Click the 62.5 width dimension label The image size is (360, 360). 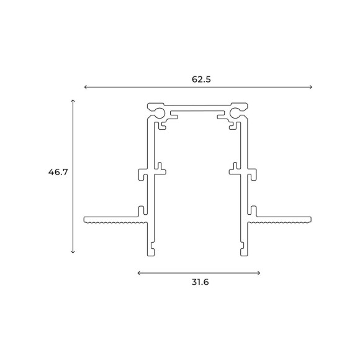point(199,79)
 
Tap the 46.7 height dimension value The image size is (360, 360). point(57,172)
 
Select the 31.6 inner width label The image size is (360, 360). point(199,282)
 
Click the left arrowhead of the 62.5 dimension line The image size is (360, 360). point(86,88)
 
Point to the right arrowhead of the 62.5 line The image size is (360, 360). point(312,88)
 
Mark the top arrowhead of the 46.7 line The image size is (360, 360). point(73,101)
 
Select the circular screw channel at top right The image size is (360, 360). point(236,114)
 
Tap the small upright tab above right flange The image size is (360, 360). point(253,209)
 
